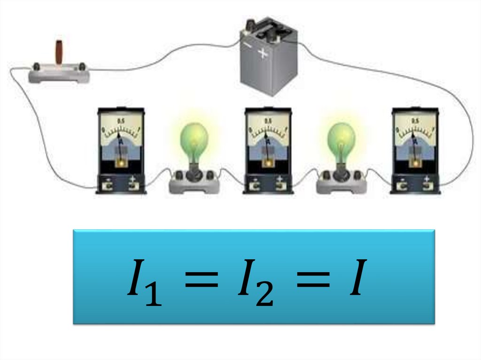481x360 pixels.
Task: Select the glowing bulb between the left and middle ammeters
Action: (x=194, y=139)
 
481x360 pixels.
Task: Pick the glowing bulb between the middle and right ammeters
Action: (x=341, y=139)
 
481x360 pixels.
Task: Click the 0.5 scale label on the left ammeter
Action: (x=121, y=122)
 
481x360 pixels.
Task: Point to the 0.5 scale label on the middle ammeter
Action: (x=268, y=122)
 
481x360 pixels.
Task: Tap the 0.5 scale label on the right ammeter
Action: (x=416, y=122)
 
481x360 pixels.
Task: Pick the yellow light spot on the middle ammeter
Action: (x=268, y=162)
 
